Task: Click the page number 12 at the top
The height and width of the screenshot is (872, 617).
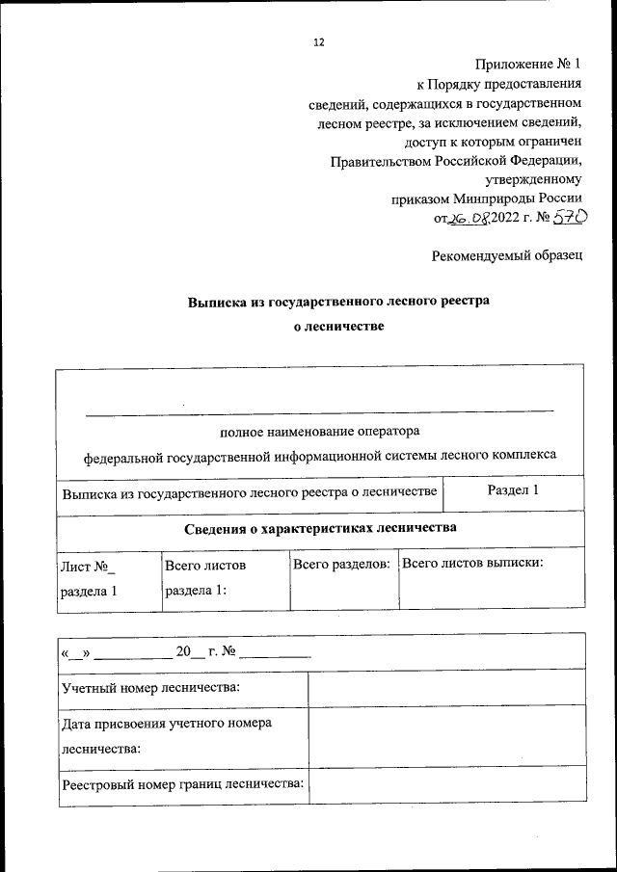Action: pos(319,42)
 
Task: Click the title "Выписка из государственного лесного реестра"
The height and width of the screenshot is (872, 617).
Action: pos(338,301)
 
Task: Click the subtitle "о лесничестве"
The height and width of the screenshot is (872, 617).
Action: pos(338,327)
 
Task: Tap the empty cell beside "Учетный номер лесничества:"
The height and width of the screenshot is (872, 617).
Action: pos(445,688)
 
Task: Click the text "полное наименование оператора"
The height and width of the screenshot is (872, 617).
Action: pos(320,431)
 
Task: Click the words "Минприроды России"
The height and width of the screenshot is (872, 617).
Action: pos(522,198)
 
